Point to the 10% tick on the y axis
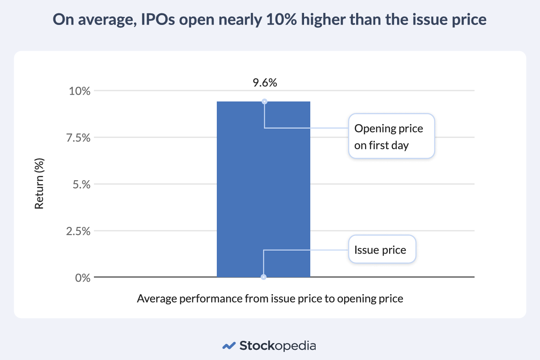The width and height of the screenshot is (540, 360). [80, 91]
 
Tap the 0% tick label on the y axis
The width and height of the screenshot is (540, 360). [83, 278]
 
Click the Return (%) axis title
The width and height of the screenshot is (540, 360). [40, 184]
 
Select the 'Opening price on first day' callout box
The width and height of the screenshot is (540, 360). [391, 136]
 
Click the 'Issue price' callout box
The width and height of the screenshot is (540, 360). [382, 250]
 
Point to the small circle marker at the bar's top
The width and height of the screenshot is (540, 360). [264, 101]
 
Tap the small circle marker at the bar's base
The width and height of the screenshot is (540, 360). [264, 277]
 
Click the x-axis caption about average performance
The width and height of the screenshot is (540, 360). [270, 299]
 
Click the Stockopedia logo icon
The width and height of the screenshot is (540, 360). [229, 345]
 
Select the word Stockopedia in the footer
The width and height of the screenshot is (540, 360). [278, 345]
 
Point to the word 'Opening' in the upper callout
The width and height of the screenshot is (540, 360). [373, 129]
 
